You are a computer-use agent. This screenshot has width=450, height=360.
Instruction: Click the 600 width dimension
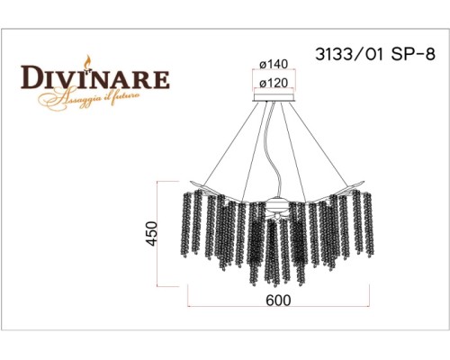279,301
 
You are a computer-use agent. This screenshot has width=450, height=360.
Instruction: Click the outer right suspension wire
324,144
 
